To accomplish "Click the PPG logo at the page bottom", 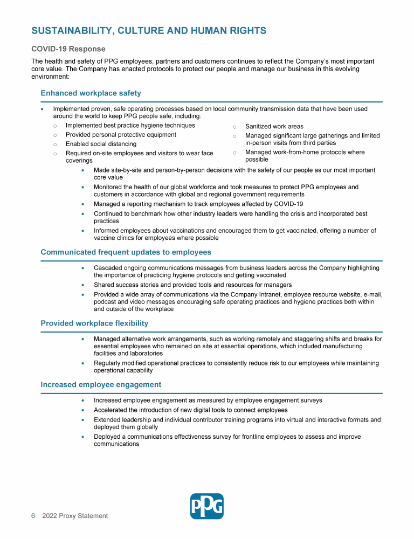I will click(x=206, y=506).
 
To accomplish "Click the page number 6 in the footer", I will click(x=33, y=516).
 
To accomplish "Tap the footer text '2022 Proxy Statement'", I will click(x=75, y=516).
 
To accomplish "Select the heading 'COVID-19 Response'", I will click(x=68, y=49).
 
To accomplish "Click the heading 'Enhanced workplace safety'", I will click(x=91, y=93).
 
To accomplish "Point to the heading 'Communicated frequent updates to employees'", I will click(x=126, y=252).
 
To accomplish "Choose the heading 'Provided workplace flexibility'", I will click(x=94, y=323).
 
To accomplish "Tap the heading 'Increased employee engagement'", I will click(x=101, y=385).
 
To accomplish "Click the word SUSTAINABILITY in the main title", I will click(x=71, y=31).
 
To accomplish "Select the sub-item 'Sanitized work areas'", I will click(x=274, y=127).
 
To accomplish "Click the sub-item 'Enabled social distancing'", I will click(x=101, y=144).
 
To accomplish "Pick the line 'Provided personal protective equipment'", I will click(x=121, y=135).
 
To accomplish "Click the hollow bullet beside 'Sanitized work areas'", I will click(x=234, y=127).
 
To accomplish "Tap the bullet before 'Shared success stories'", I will click(x=82, y=285).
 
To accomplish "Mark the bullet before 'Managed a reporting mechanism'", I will click(x=82, y=204).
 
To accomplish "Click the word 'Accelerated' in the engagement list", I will click(x=112, y=410).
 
